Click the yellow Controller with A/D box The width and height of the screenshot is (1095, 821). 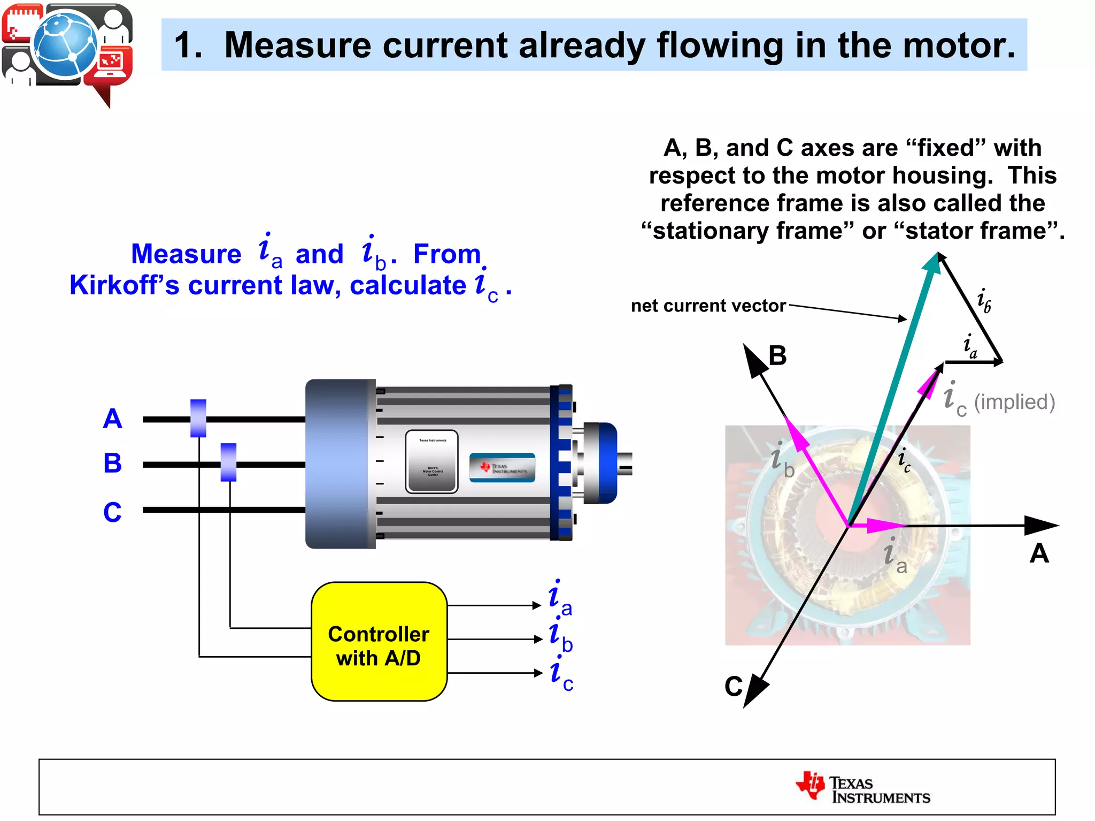coord(379,641)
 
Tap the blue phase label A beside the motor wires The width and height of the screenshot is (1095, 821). coord(112,419)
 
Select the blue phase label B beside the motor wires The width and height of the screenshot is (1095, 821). coord(112,463)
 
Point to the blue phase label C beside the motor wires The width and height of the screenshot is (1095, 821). coord(112,512)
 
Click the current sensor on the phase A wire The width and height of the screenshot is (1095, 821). coord(198,418)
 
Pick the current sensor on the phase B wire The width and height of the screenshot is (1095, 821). coord(228,462)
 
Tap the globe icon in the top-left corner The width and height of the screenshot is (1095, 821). coord(65,44)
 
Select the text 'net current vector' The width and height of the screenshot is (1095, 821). coord(708,306)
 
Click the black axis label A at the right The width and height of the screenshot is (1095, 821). coord(1039,553)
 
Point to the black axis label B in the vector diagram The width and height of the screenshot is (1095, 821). coord(777,355)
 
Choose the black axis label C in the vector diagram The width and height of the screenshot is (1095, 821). coord(734,686)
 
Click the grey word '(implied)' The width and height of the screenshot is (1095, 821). coord(1014,402)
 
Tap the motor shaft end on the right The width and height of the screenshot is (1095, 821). coord(626,463)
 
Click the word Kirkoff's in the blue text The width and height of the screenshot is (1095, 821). coord(124,285)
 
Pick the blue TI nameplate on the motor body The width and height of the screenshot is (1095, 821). coord(502,468)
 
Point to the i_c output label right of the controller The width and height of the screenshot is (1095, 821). coord(560,674)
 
